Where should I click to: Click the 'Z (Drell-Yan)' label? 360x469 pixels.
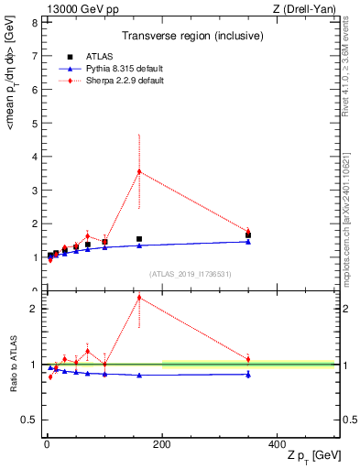click(301, 8)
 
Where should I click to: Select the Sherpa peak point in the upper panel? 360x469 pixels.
click(139, 171)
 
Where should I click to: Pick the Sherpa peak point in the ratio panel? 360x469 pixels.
click(139, 297)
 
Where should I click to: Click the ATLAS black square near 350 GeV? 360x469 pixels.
click(248, 234)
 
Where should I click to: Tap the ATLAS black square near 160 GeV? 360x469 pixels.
click(139, 239)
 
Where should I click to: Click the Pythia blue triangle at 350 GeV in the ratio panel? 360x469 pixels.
click(248, 374)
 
